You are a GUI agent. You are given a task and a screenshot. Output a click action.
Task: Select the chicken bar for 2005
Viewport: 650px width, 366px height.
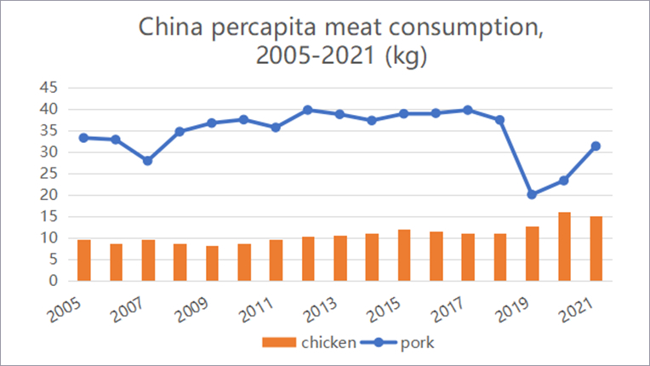click(83, 260)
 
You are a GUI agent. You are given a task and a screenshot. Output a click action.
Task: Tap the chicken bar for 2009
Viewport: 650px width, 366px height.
click(212, 263)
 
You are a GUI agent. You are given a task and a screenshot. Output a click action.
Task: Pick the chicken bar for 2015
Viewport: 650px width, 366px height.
click(404, 255)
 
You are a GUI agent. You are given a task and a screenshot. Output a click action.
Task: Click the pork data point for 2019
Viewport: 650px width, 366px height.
click(532, 194)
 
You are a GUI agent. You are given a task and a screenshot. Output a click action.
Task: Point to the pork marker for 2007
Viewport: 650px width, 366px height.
click(147, 160)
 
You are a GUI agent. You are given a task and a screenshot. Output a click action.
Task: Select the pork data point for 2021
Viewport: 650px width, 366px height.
click(596, 146)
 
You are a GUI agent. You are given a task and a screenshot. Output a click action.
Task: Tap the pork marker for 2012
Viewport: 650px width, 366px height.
click(308, 110)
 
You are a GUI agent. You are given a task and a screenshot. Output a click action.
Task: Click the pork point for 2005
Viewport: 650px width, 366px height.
click(83, 137)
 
